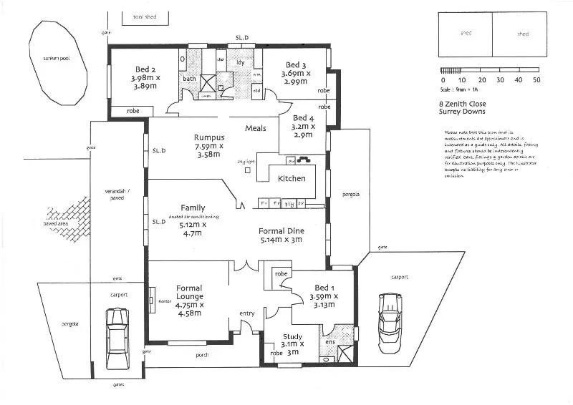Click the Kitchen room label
[292, 178]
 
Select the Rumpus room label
[209, 137]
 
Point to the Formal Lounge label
[189, 292]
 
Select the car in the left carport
[117, 338]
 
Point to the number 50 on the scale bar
[536, 80]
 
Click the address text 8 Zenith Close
[463, 104]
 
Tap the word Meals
[256, 128]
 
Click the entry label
[246, 313]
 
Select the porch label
[202, 354]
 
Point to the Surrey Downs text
[463, 112]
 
